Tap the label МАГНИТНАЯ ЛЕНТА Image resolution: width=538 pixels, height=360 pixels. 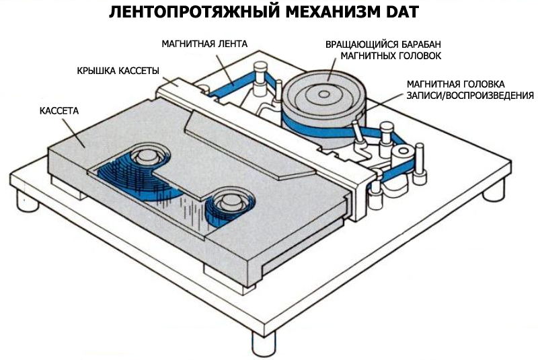[x=204, y=44]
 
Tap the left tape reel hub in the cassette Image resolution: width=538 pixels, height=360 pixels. [x=145, y=157]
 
